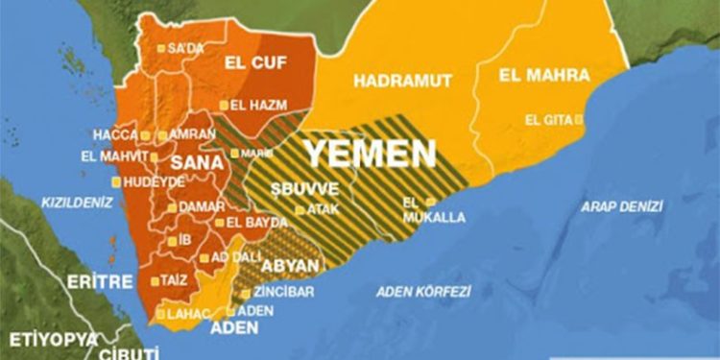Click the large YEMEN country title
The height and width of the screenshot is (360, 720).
click(x=370, y=152)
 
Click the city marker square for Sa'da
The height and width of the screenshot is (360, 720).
click(x=161, y=47)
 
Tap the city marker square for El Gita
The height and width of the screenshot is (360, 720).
click(x=579, y=120)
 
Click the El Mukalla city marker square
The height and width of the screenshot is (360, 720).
click(x=431, y=201)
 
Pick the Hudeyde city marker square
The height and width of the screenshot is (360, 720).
click(x=117, y=181)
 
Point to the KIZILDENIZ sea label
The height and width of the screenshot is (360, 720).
click(x=77, y=203)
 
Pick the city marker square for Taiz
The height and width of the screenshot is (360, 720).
click(x=156, y=281)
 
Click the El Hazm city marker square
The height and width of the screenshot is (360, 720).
click(x=224, y=105)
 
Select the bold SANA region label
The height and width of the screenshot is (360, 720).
click(x=197, y=163)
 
